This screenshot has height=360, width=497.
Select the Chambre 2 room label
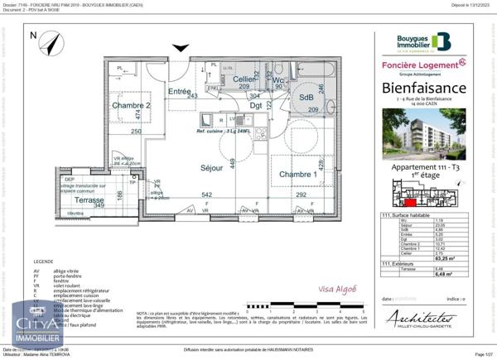point(131,105)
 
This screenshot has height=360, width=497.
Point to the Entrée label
point(179,91)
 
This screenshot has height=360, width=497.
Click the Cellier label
point(243,79)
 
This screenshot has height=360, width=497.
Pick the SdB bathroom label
point(294,97)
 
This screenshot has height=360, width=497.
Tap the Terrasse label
point(87,200)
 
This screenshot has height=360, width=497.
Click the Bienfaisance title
point(424,88)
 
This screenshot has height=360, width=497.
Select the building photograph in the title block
point(424,137)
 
